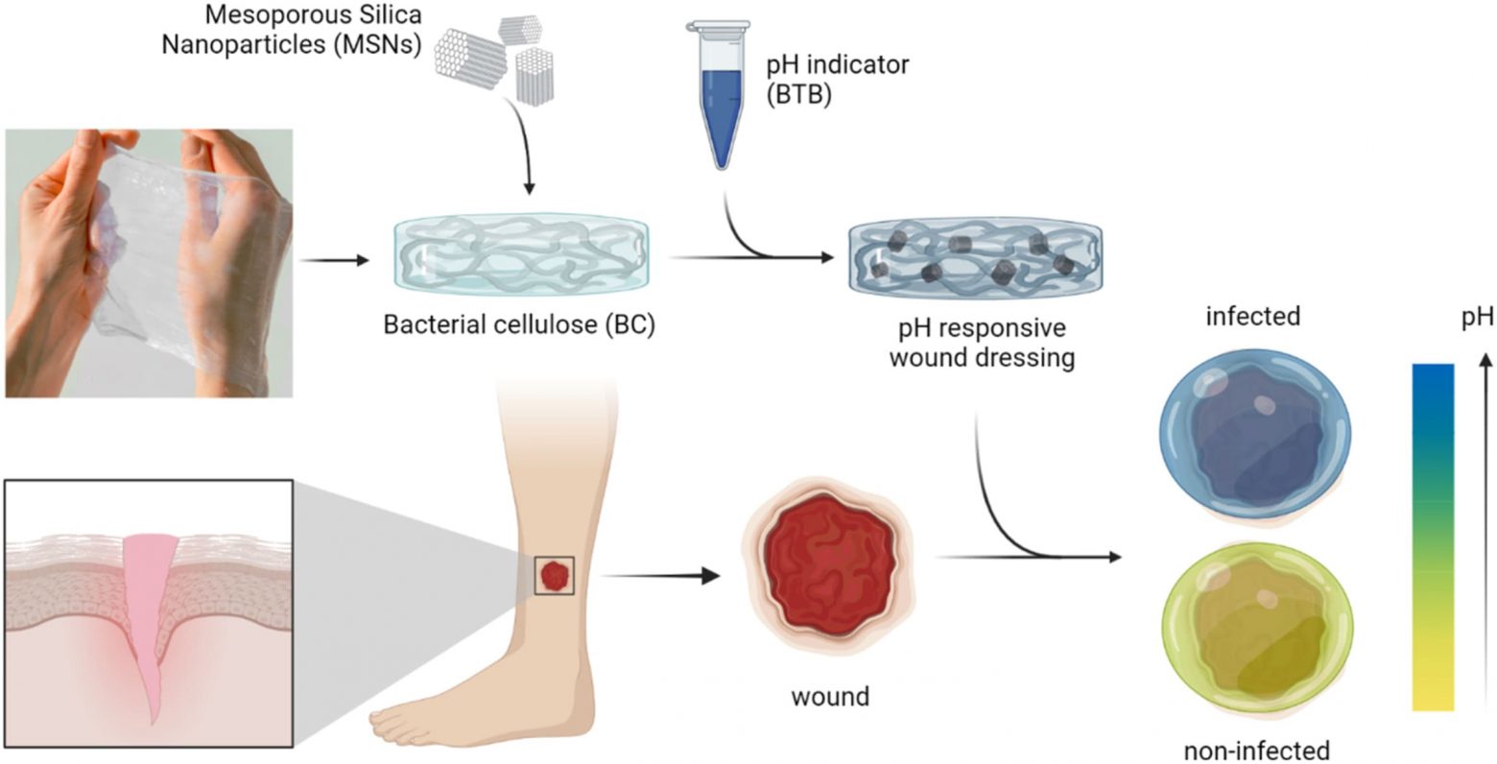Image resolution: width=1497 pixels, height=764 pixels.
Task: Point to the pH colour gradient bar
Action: tap(1433, 537)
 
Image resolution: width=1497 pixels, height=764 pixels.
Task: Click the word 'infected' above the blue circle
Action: tap(1253, 315)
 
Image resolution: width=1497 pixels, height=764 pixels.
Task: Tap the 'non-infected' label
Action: tap(1257, 749)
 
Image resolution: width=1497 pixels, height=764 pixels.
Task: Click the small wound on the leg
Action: tap(554, 576)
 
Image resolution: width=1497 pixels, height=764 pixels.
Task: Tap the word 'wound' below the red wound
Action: tap(830, 695)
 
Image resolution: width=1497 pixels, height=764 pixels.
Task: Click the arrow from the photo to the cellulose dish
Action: tap(334, 260)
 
